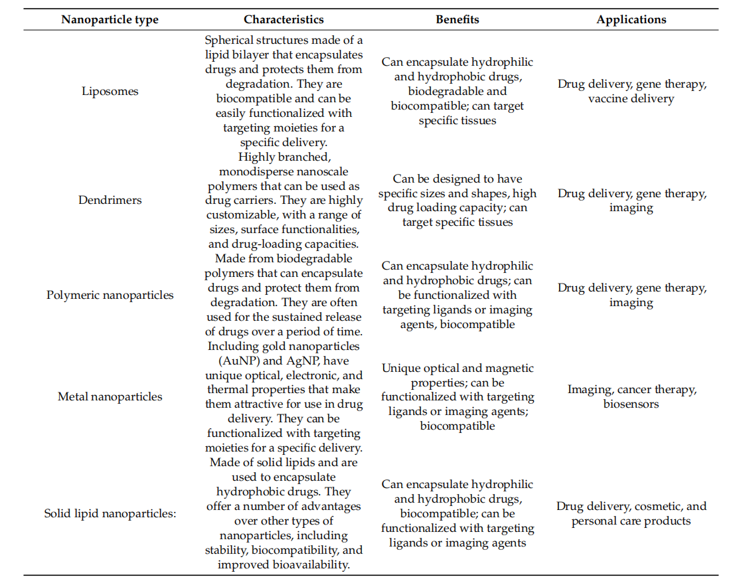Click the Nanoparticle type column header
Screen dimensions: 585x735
pyautogui.click(x=110, y=19)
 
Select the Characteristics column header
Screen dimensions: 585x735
pyautogui.click(x=284, y=19)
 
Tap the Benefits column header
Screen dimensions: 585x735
pyautogui.click(x=457, y=19)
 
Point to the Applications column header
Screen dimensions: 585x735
pyautogui.click(x=631, y=19)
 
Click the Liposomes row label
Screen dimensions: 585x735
pyautogui.click(x=110, y=91)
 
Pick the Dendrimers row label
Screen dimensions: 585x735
pyautogui.click(x=110, y=200)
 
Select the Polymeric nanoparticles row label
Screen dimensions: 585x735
pyautogui.click(x=110, y=295)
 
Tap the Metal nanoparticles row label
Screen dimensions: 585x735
pyautogui.click(x=110, y=396)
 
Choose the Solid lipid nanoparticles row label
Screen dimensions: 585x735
pyautogui.click(x=110, y=513)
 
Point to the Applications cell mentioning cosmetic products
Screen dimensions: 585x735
pyautogui.click(x=631, y=513)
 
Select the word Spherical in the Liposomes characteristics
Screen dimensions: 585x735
pyautogui.click(x=229, y=41)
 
